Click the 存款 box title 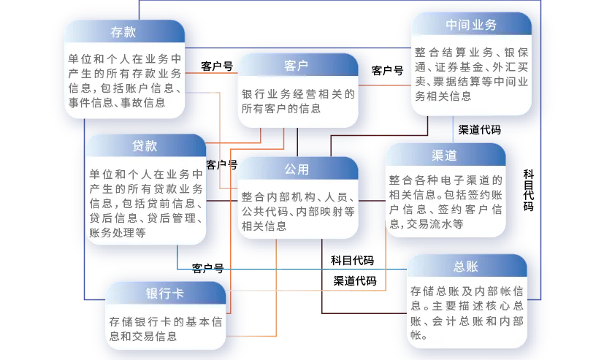(x=123, y=32)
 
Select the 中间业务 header (x=470, y=25)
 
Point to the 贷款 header (x=145, y=146)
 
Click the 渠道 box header (x=444, y=156)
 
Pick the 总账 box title (x=465, y=266)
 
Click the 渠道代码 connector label (x=479, y=130)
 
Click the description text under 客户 (x=297, y=102)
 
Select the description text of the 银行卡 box (x=164, y=328)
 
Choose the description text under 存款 (x=123, y=80)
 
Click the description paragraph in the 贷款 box (x=145, y=204)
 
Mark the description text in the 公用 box (x=297, y=211)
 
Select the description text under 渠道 (x=445, y=202)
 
